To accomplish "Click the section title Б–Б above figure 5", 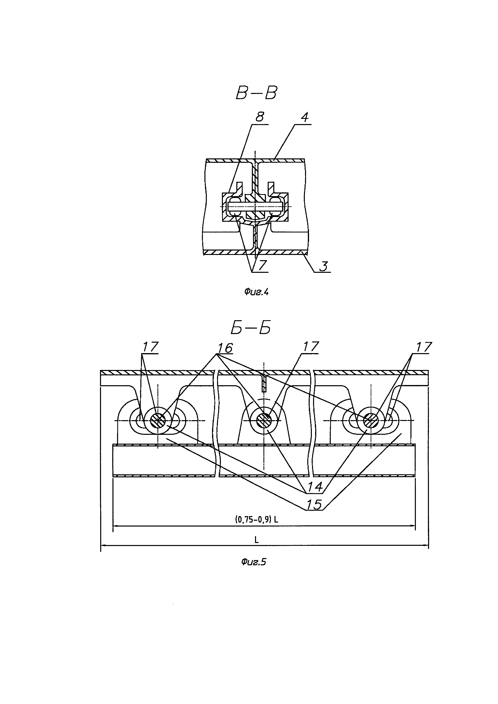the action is click(251, 328).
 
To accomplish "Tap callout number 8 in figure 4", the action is click(259, 117).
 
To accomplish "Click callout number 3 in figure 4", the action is click(323, 266).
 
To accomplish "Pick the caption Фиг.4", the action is click(256, 292).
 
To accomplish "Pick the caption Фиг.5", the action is click(253, 562).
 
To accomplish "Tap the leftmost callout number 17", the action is click(150, 347).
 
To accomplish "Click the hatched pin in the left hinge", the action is click(158, 420).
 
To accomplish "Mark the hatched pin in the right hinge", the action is click(370, 420).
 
